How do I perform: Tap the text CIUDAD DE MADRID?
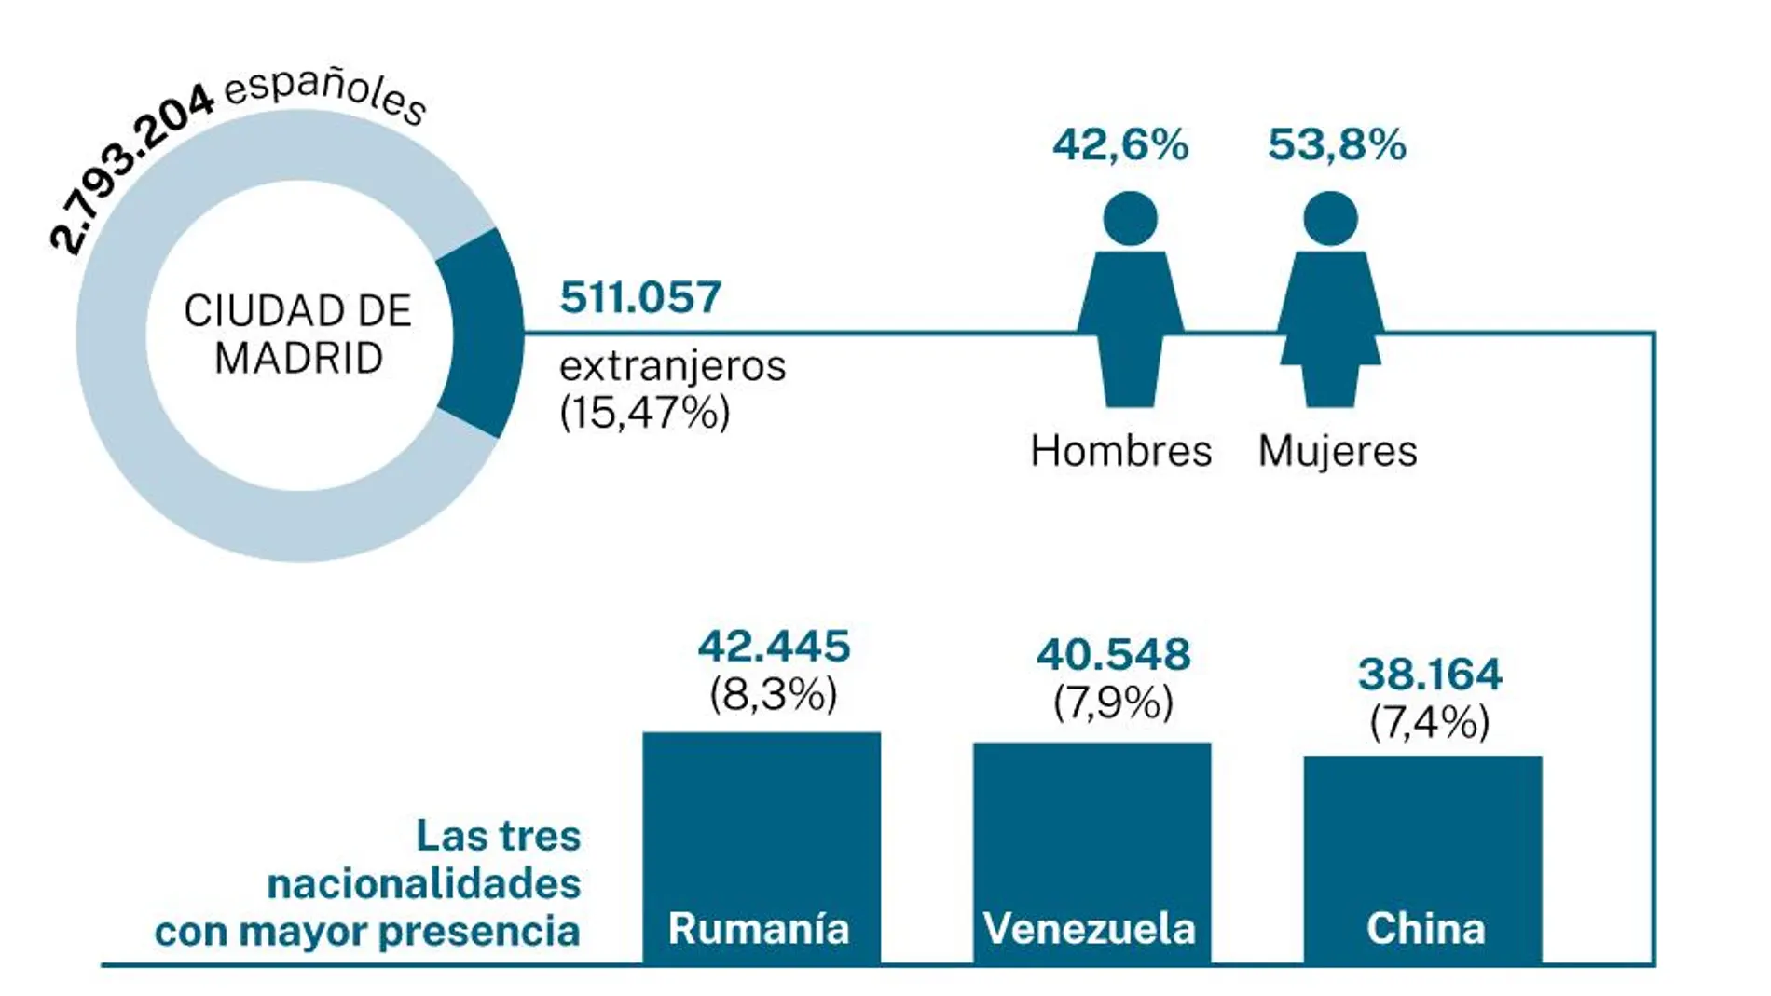tap(298, 334)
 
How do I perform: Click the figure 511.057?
tap(640, 298)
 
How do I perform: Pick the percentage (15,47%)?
tap(644, 412)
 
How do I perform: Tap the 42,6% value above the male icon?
tap(1120, 145)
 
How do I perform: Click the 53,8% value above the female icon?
tap(1337, 145)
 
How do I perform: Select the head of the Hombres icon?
tap(1130, 219)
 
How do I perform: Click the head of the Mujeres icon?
tap(1330, 219)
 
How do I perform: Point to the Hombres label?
tap(1120, 452)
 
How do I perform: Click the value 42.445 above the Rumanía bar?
tap(774, 647)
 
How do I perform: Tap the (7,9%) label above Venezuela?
tap(1113, 702)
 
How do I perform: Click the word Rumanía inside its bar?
tap(759, 929)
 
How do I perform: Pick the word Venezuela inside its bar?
tap(1090, 929)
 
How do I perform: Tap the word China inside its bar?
tap(1425, 929)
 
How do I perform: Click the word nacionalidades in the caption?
tap(423, 883)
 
